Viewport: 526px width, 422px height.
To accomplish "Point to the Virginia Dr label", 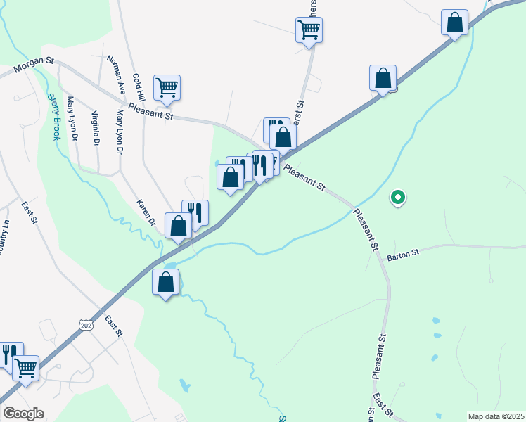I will click(x=95, y=127).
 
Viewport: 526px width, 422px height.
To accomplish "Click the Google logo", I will click(x=23, y=414).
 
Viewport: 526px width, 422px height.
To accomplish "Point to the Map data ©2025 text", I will click(x=496, y=416).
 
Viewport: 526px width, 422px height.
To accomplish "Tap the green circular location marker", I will click(x=397, y=198).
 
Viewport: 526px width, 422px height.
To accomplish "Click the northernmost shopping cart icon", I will click(x=309, y=30).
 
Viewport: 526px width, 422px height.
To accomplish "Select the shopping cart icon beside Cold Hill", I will click(x=167, y=88).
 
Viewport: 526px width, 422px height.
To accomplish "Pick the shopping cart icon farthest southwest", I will click(x=25, y=368).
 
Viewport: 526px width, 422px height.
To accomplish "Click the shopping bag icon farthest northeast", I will click(x=455, y=23).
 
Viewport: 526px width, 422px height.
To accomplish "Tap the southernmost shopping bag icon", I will click(x=165, y=282).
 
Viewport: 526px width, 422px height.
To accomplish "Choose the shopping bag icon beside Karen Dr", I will click(x=179, y=226).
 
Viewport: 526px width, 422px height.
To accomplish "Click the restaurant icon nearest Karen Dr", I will click(x=195, y=212).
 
